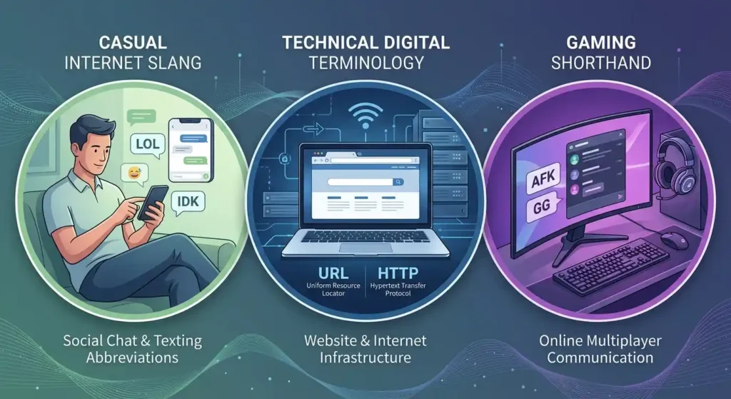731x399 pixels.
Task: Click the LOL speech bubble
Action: point(148,144)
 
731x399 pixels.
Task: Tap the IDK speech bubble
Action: point(188,203)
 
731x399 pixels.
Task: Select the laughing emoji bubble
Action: point(134,173)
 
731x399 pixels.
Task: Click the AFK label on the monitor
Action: point(543,178)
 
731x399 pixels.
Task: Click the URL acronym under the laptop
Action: point(333,273)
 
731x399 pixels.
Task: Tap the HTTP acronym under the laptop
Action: point(398,273)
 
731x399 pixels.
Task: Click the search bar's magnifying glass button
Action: point(398,182)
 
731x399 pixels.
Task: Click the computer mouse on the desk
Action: point(674,240)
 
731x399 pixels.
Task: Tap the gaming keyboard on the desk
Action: point(611,266)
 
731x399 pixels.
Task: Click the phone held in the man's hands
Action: point(153,203)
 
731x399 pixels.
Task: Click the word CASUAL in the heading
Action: point(133,43)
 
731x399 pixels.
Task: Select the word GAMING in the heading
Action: point(601,43)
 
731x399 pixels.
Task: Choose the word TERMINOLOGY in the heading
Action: point(366,63)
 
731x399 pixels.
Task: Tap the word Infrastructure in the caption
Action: point(365,358)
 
